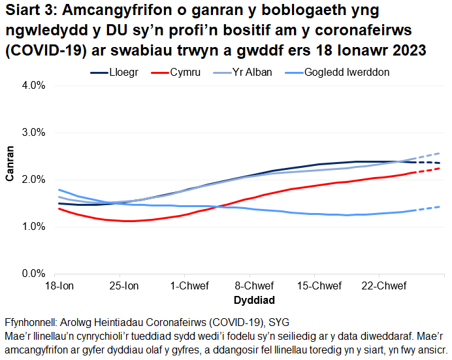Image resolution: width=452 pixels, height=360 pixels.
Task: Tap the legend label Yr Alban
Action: pyautogui.click(x=253, y=73)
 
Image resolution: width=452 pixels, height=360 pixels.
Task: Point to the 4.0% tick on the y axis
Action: pyautogui.click(x=32, y=86)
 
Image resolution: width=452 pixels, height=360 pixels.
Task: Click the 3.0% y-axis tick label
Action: pyautogui.click(x=32, y=133)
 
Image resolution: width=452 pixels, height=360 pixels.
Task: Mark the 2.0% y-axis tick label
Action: pyautogui.click(x=32, y=180)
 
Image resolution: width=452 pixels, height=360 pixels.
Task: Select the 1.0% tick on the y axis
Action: pyautogui.click(x=32, y=227)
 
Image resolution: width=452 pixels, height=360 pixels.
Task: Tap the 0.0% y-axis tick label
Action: pyautogui.click(x=32, y=274)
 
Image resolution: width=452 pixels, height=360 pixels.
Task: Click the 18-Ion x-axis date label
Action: pyautogui.click(x=59, y=287)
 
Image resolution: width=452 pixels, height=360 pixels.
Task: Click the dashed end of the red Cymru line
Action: pyautogui.click(x=429, y=171)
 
